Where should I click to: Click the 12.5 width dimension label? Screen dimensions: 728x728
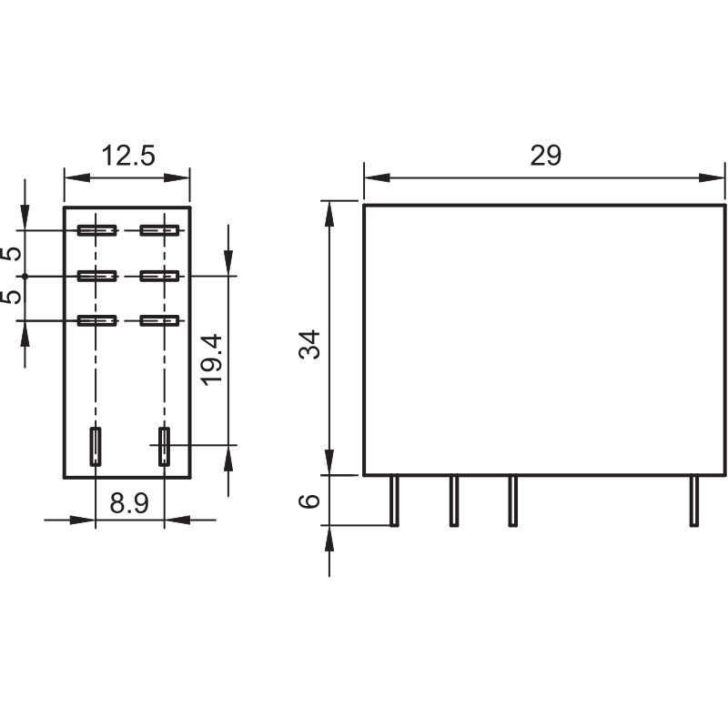coord(128,155)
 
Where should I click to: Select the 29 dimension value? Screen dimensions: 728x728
coord(545,155)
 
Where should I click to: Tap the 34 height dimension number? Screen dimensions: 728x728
coord(309,344)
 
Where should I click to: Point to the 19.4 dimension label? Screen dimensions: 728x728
coord(212,359)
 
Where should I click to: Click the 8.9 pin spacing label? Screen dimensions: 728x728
coord(129,503)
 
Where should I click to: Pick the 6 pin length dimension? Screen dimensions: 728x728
coord(309,500)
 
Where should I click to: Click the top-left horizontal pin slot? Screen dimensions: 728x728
coord(97,230)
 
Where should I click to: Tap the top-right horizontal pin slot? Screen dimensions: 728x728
coord(160,230)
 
